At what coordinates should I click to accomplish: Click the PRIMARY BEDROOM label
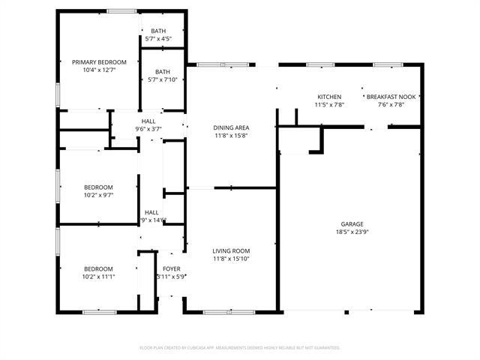point(99,62)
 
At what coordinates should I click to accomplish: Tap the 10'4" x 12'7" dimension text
point(99,70)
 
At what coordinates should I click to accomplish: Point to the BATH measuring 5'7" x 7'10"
point(163,72)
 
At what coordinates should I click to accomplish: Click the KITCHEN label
point(329,97)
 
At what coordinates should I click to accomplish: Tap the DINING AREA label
point(231,127)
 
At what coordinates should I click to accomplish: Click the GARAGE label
point(352,224)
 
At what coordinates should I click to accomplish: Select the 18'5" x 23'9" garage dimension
point(352,232)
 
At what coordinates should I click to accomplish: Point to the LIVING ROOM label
point(231,250)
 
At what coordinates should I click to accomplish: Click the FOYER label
point(171,268)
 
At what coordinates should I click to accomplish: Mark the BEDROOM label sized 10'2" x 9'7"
point(98,187)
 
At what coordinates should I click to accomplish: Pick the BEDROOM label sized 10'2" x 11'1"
point(98,268)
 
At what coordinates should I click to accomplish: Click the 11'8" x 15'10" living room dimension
point(231,259)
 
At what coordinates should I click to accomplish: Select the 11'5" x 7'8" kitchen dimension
point(329,105)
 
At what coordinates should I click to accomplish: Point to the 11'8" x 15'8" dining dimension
point(231,136)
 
